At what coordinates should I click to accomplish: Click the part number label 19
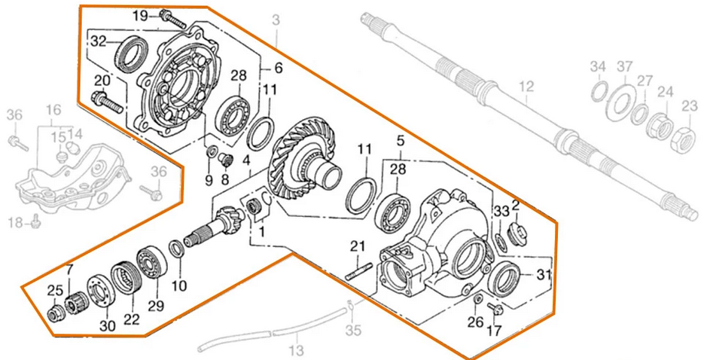pos(141,16)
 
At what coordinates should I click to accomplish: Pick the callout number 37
pos(624,68)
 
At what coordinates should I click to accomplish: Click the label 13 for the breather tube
pos(296,349)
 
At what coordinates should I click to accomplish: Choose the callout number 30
pos(108,325)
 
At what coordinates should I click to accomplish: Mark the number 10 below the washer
pos(178,285)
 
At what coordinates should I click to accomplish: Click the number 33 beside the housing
pos(501,210)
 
